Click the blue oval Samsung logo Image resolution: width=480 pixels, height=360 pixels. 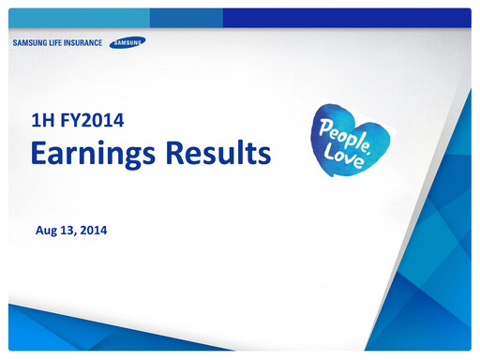[x=127, y=42]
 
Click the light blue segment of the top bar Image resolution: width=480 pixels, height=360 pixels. [x=79, y=18]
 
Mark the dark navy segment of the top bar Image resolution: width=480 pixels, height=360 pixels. [x=346, y=18]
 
